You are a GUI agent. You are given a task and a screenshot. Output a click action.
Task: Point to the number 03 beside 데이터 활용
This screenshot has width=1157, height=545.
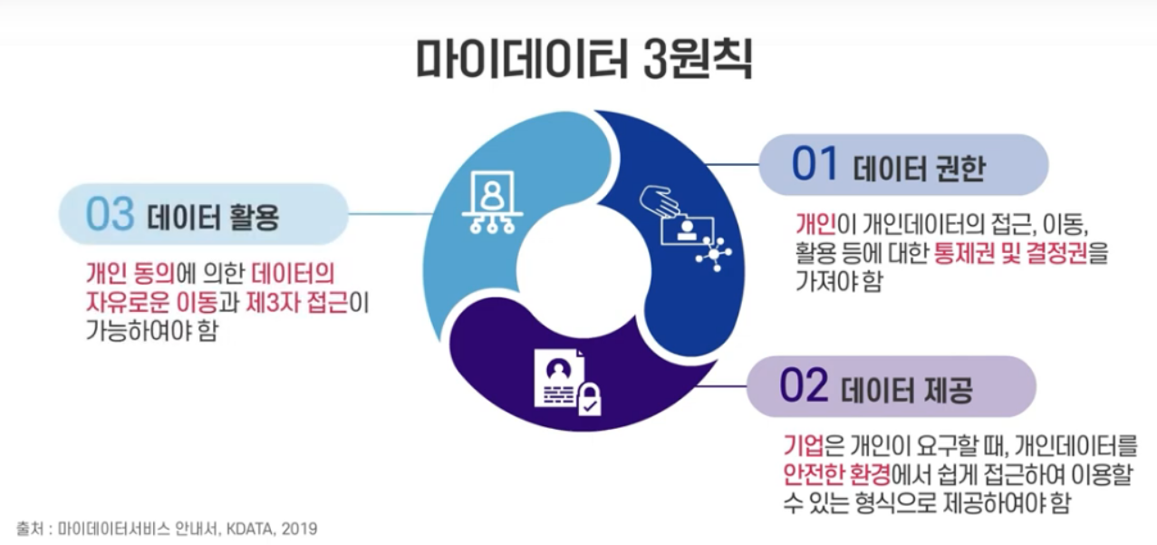point(110,215)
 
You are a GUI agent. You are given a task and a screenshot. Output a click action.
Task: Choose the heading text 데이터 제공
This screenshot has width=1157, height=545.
point(906,390)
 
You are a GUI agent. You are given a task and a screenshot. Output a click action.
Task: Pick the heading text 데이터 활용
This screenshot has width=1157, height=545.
point(211,218)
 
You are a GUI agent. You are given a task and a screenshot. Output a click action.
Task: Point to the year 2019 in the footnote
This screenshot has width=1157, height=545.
point(300,528)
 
